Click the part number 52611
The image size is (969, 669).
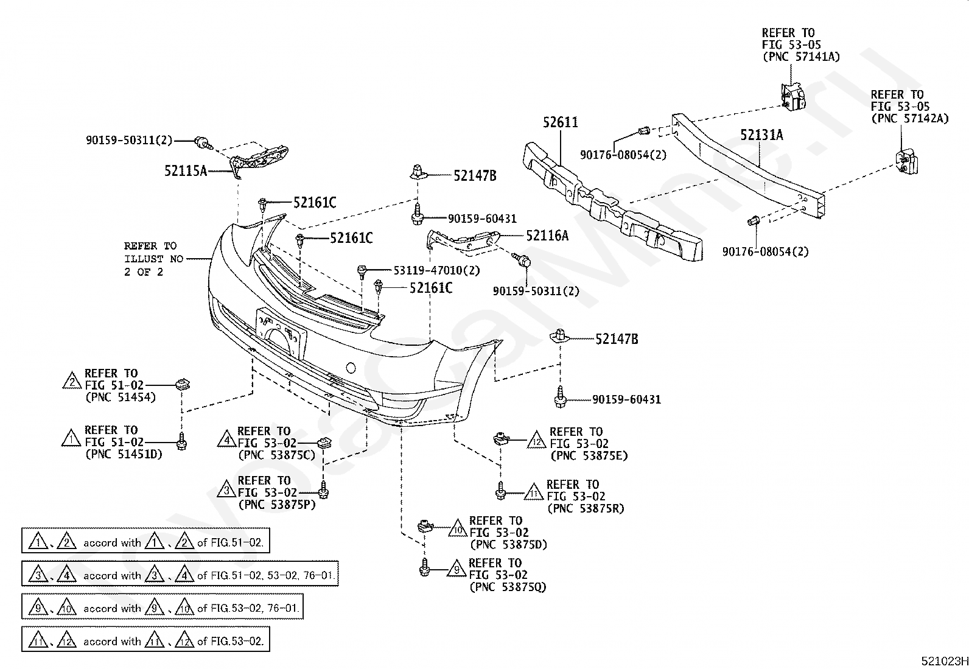(x=560, y=122)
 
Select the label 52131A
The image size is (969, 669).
(x=761, y=135)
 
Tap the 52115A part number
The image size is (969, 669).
(x=186, y=171)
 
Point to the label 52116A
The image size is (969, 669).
(x=547, y=236)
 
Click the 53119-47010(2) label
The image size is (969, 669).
(x=436, y=270)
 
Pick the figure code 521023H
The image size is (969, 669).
(x=944, y=660)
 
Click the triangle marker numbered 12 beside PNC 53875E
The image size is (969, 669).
(x=537, y=440)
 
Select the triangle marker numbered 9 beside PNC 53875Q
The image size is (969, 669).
(x=457, y=569)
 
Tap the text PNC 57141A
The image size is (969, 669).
(x=801, y=57)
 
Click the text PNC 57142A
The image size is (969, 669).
(x=910, y=119)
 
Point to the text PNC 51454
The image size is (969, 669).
(x=121, y=398)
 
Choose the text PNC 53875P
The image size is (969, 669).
(x=277, y=505)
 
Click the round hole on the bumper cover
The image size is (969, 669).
(x=351, y=368)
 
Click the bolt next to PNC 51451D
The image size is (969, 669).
(x=181, y=441)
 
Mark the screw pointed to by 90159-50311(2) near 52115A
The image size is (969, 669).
(x=203, y=143)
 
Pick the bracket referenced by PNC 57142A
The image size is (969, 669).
(x=907, y=162)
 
